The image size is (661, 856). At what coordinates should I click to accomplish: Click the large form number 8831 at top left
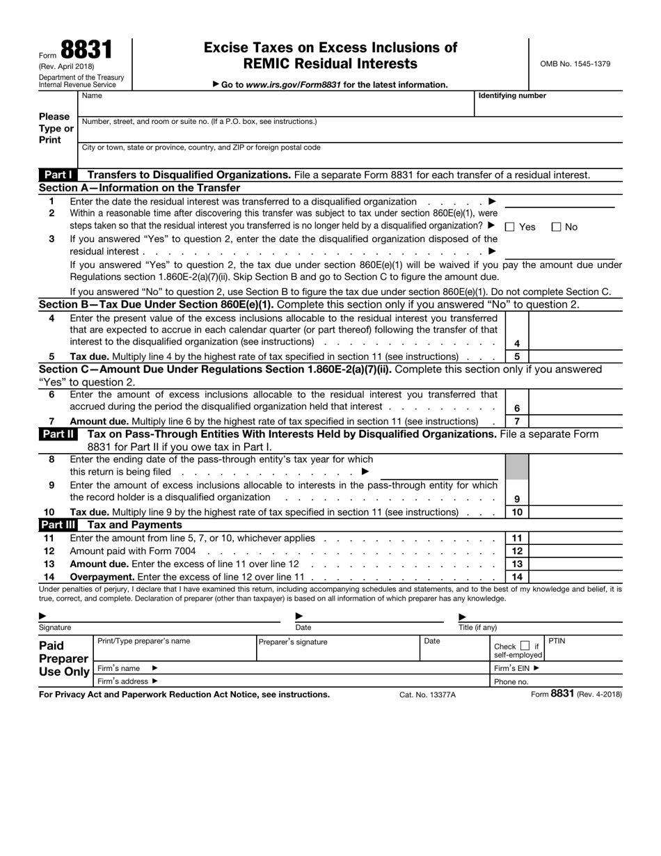coord(86,49)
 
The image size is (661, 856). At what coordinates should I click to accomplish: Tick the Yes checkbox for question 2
coord(509,227)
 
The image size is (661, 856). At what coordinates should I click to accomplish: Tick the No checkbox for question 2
coord(557,227)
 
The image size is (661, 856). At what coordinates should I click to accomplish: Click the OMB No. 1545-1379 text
coord(575,64)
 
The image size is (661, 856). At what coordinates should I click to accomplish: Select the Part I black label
coord(58,175)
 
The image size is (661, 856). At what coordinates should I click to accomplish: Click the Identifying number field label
coord(512,96)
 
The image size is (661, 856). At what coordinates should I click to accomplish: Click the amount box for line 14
coord(575,577)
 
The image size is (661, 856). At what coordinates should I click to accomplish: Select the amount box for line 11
coord(575,538)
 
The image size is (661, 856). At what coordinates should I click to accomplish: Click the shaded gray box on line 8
coord(516,466)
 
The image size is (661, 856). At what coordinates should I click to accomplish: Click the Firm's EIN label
coord(516,668)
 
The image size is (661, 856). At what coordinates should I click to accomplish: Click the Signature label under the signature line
coord(55,627)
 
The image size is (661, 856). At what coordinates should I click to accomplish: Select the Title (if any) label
coord(477,627)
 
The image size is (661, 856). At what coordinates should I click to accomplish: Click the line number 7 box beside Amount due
coord(516,421)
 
